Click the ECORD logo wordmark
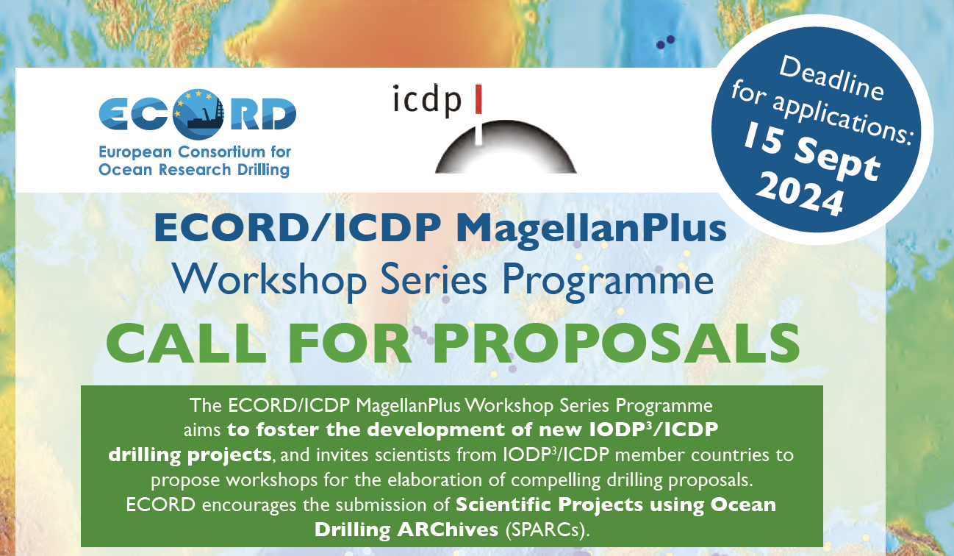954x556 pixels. (197, 114)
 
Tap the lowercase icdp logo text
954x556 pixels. (427, 100)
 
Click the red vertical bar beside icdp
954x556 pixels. (478, 99)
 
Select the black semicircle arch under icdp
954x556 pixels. (506, 146)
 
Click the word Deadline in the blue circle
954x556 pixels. (831, 79)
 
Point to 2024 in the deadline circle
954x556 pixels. (800, 195)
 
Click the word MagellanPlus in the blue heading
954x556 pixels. (591, 229)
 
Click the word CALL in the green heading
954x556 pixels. (186, 343)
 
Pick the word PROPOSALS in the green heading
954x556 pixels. (616, 343)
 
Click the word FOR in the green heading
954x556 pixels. (350, 343)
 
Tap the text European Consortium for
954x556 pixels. (195, 152)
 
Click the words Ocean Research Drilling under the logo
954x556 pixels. (194, 170)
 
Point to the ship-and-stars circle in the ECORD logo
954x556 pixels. (198, 114)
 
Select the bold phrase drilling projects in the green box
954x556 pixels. (190, 455)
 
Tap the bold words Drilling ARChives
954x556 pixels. (406, 530)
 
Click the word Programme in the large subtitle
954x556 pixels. (608, 281)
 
